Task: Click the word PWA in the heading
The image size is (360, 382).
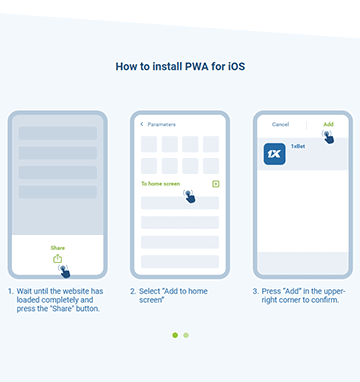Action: click(x=197, y=66)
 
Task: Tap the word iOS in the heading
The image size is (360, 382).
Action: click(x=236, y=66)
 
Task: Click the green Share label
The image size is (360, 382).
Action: click(x=58, y=248)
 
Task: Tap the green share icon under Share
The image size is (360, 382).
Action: click(x=58, y=258)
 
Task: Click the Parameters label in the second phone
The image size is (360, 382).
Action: click(x=161, y=124)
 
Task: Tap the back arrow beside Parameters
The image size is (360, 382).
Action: click(x=142, y=124)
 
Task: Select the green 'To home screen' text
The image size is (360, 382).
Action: click(x=160, y=184)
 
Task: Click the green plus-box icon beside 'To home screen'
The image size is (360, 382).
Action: click(x=216, y=184)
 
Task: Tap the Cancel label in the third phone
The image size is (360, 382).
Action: click(x=280, y=124)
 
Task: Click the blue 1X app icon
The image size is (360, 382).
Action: click(x=274, y=154)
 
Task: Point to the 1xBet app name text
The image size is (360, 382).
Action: click(x=298, y=146)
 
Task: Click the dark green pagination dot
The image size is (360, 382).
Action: click(x=175, y=335)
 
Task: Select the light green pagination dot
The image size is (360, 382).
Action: click(x=186, y=335)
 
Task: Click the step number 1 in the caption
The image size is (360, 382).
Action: click(x=11, y=291)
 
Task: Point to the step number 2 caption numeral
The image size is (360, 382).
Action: click(x=133, y=291)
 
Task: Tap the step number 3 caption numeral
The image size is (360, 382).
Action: click(x=255, y=291)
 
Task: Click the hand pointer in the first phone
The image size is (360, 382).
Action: click(x=64, y=271)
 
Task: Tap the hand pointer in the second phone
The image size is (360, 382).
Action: click(x=189, y=196)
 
